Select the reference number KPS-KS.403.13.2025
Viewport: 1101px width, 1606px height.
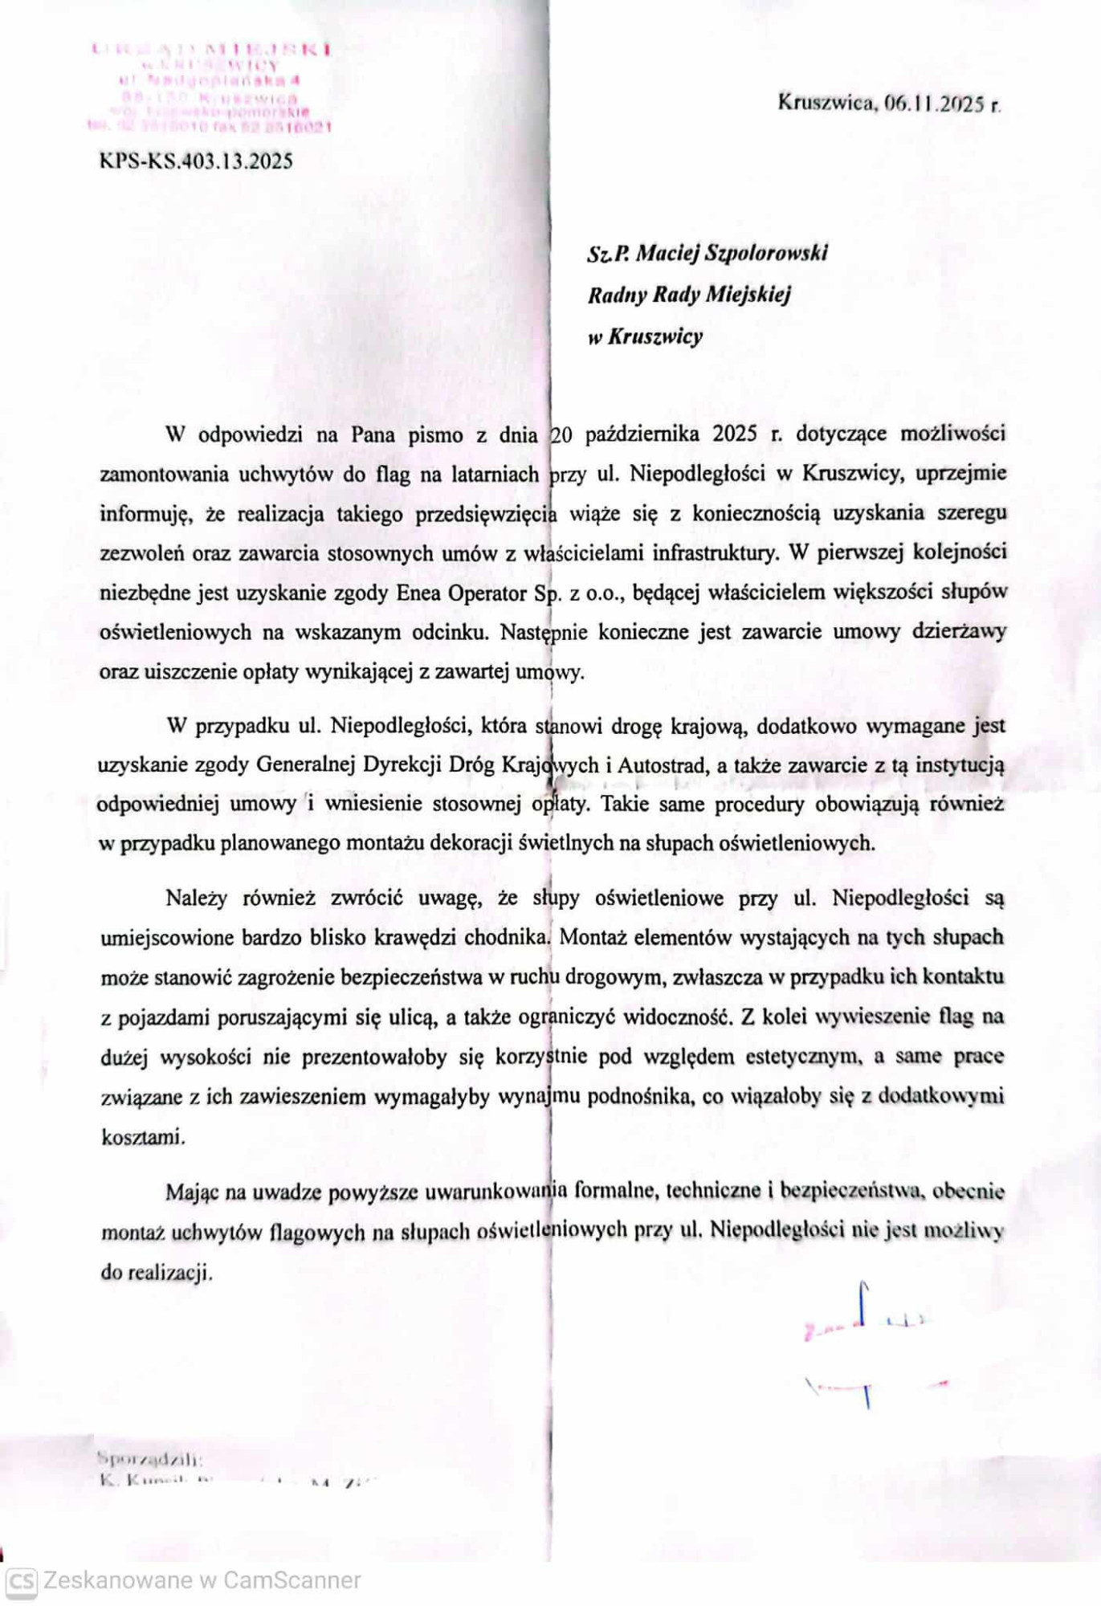tap(196, 161)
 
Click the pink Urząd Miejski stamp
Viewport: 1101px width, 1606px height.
tap(210, 87)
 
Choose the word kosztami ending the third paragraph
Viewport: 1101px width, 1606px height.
tap(143, 1137)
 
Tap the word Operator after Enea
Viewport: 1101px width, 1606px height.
tap(487, 593)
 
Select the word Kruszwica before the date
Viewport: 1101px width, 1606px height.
tap(826, 103)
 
